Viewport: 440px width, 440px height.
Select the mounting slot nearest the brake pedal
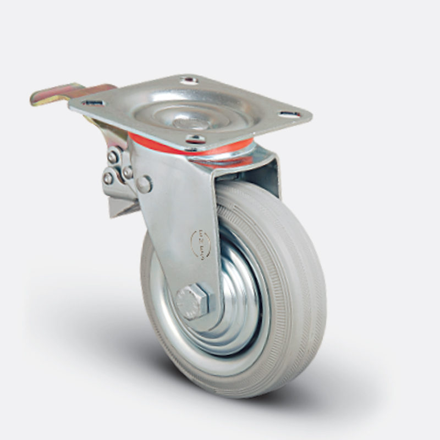point(94,102)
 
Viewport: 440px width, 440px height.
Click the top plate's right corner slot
point(290,114)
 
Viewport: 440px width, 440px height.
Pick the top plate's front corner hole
point(193,139)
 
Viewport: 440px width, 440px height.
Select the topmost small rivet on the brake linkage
point(113,157)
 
